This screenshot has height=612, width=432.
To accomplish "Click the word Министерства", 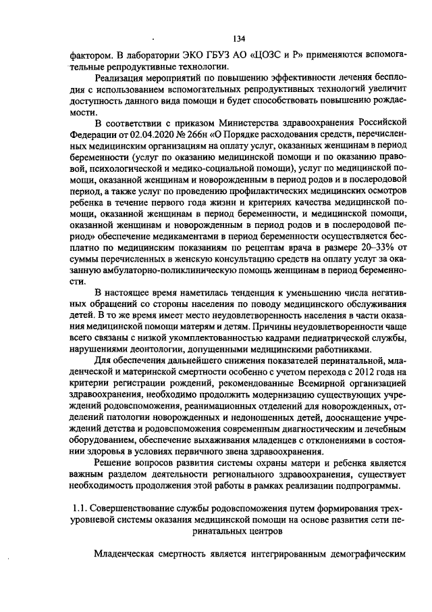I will click(254, 122).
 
